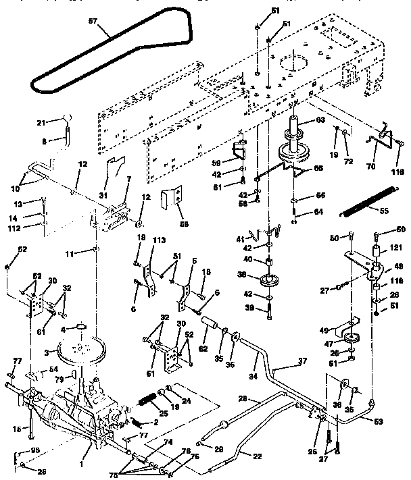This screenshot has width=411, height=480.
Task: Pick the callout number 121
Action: (x=395, y=249)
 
